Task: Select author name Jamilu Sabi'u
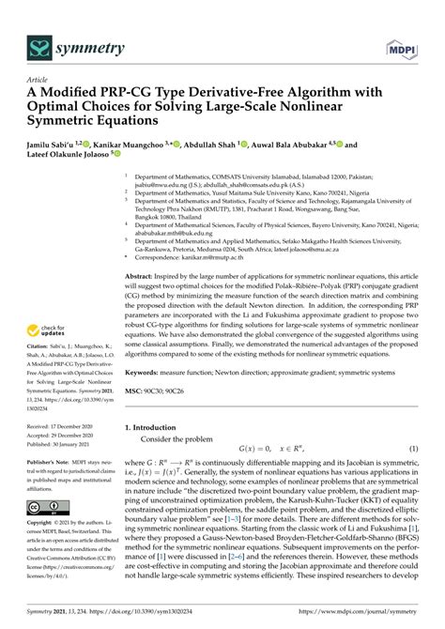(58, 146)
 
